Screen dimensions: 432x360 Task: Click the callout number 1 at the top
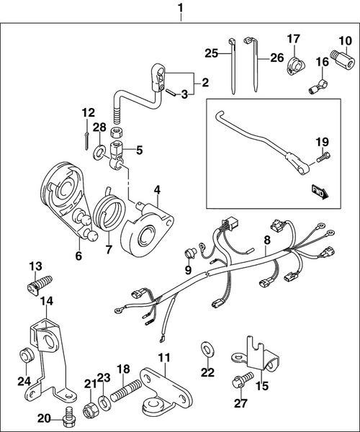[180, 9]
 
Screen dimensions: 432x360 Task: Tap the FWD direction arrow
[319, 190]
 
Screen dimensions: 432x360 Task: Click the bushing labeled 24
[25, 356]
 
